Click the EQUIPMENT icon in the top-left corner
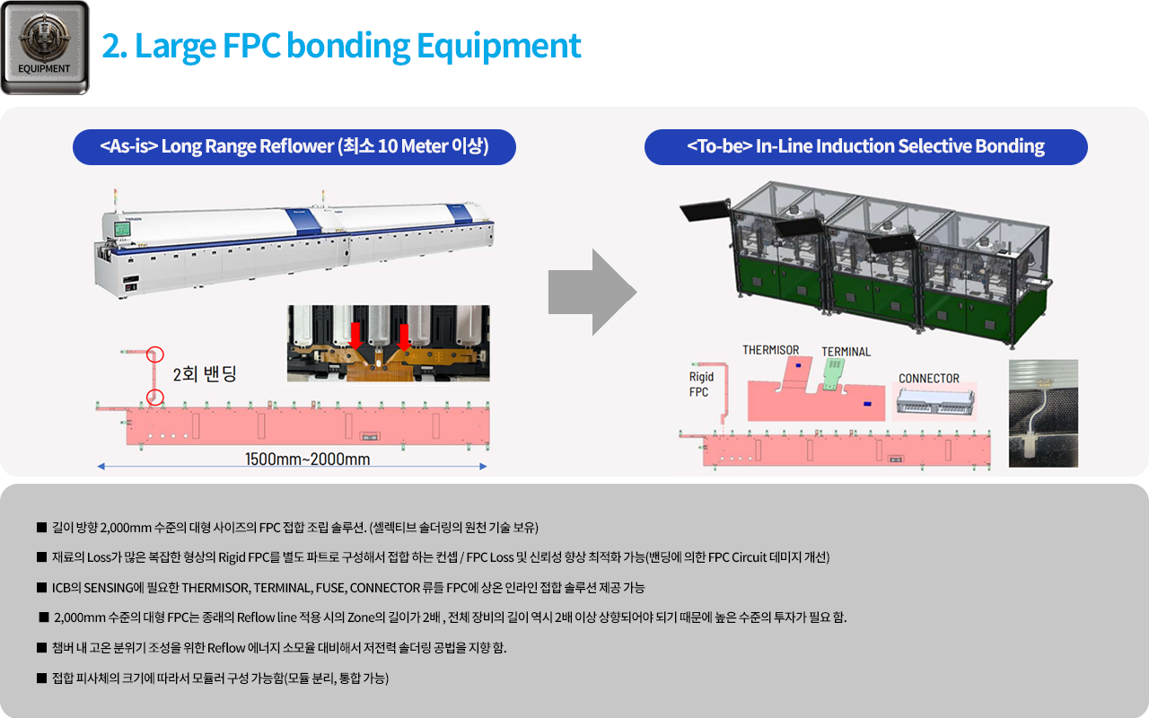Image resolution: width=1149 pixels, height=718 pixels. tap(45, 48)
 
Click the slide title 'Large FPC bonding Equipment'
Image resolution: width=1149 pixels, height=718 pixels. tap(341, 45)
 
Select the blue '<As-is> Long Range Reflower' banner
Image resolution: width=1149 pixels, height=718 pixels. tap(294, 146)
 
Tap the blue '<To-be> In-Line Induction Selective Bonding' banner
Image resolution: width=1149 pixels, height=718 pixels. tap(865, 146)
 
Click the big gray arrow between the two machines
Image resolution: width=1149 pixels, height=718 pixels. tap(592, 293)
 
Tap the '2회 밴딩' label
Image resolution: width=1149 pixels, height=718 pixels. tap(205, 374)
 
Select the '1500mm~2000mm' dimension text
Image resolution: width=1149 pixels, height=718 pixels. tap(307, 460)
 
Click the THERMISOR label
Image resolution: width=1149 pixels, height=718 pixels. tap(770, 350)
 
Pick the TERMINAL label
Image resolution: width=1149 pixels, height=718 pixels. tap(846, 352)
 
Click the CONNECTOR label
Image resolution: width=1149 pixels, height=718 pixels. tap(928, 379)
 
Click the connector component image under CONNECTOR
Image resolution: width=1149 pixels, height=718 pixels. tap(934, 404)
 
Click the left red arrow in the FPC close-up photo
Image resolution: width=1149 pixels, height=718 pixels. tap(355, 336)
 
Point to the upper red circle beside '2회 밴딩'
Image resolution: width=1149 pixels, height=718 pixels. tap(155, 355)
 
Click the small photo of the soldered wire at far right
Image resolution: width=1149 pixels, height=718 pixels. tap(1043, 413)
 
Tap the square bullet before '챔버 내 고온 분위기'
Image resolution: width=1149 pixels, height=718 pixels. tap(41, 647)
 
